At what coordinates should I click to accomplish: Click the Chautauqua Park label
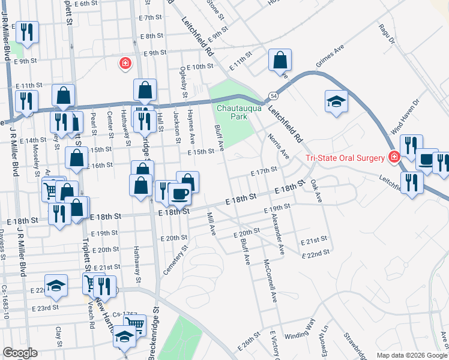230,113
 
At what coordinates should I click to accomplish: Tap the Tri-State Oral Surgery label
345,158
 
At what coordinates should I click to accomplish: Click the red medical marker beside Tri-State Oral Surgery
394,158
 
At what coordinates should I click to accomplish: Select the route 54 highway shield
273,95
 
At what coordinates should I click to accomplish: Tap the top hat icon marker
427,160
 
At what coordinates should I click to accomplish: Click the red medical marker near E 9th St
125,64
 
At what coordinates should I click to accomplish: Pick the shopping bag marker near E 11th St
280,60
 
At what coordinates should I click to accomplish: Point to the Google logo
20,353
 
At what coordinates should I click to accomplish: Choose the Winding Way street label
300,335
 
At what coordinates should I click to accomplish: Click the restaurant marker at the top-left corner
26,32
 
